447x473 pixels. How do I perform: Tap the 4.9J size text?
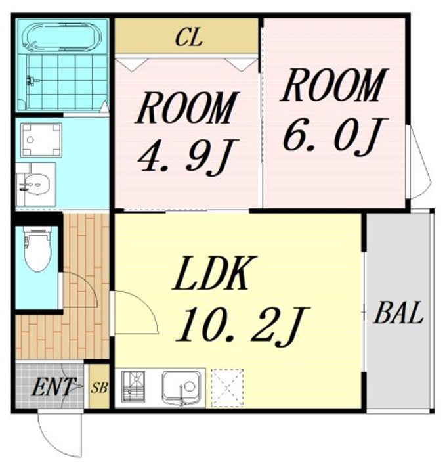coord(188,157)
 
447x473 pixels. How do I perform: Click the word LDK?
coord(215,273)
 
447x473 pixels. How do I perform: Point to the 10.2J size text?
coord(243,327)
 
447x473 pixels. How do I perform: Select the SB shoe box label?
coord(99,388)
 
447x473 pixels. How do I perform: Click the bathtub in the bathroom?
coord(63,37)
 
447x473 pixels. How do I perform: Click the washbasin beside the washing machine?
coord(36,185)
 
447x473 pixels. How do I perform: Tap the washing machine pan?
coord(41,140)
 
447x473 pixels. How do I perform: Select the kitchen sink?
coord(180,388)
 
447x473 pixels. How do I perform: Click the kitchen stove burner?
coord(133,387)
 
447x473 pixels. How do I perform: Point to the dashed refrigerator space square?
coord(227,388)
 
